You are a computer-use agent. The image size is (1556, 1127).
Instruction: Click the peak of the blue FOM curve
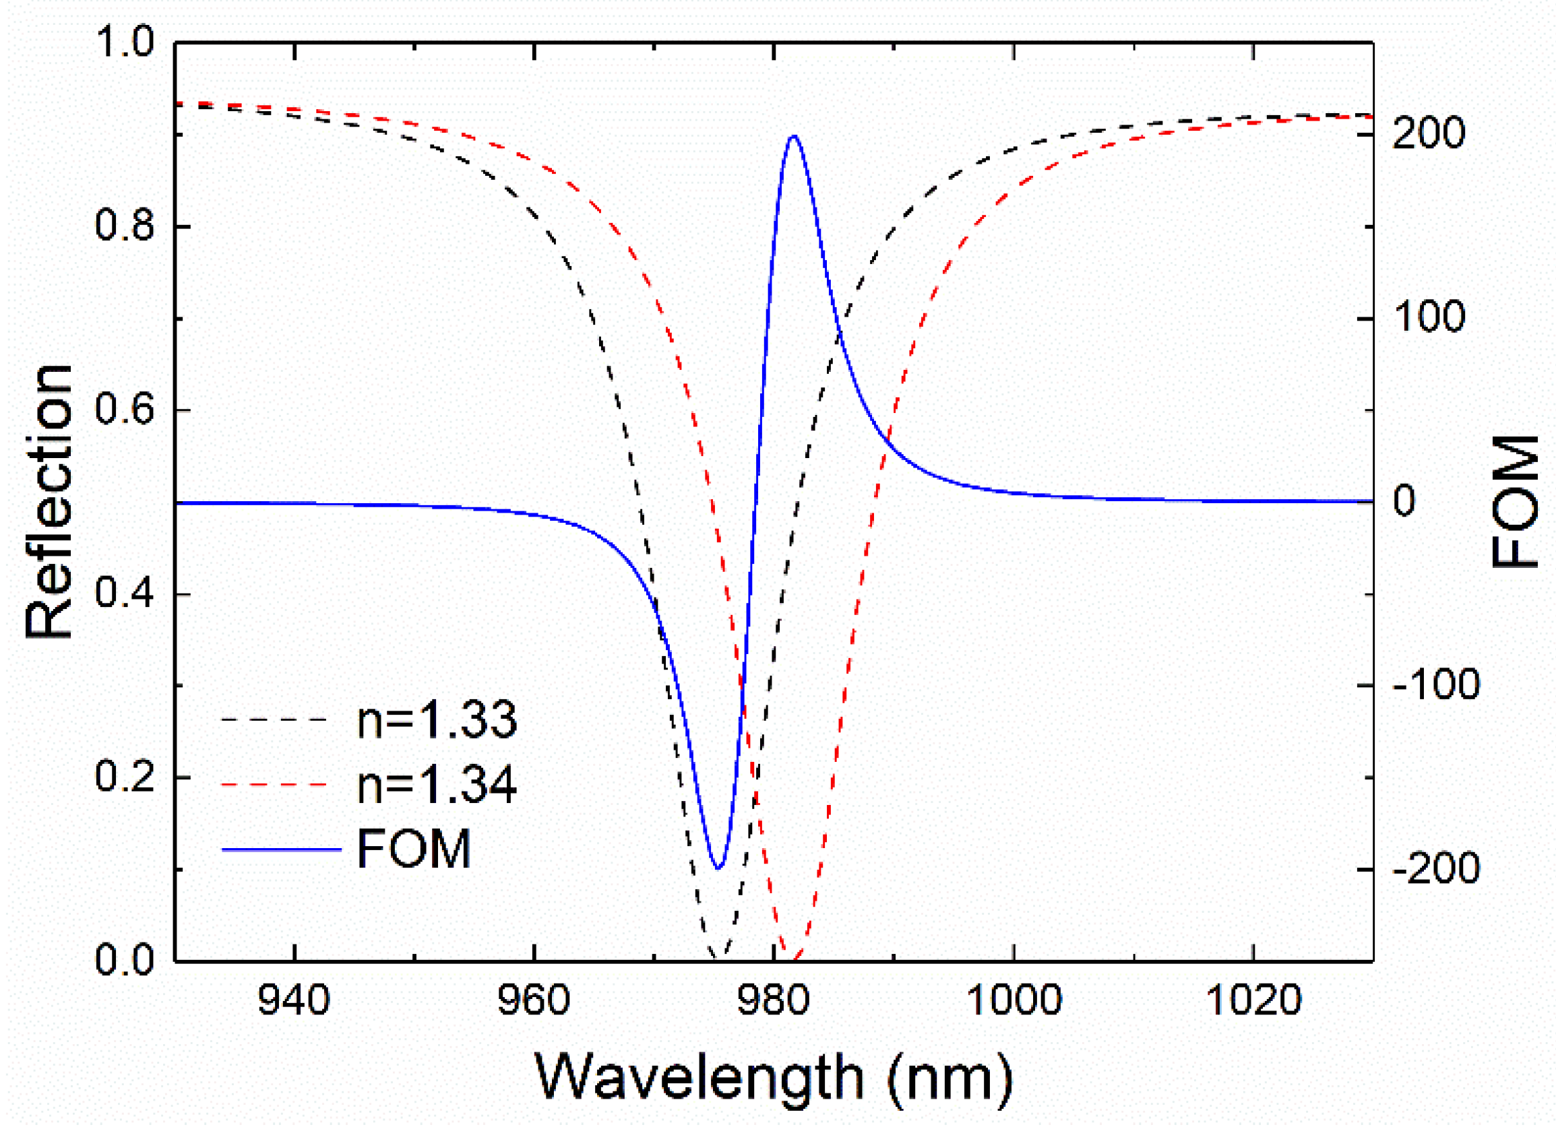[794, 136]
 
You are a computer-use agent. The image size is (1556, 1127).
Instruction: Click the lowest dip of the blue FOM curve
[718, 868]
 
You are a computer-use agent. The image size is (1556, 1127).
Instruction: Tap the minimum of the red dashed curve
[794, 959]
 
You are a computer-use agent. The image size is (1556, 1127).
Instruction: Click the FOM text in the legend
[414, 849]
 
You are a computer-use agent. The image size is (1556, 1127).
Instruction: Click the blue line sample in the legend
[281, 850]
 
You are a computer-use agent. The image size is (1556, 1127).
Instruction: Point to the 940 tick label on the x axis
[294, 1000]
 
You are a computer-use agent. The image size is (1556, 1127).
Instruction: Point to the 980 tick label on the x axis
[773, 1000]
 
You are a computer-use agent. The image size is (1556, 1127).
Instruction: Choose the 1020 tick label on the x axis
[1253, 1000]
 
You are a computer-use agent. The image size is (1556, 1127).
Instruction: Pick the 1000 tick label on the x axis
[1014, 1000]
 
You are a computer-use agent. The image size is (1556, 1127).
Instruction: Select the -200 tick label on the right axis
[1435, 869]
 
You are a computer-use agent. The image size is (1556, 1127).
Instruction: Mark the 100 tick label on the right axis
[1429, 317]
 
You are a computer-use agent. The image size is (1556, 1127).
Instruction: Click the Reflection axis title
[48, 501]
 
